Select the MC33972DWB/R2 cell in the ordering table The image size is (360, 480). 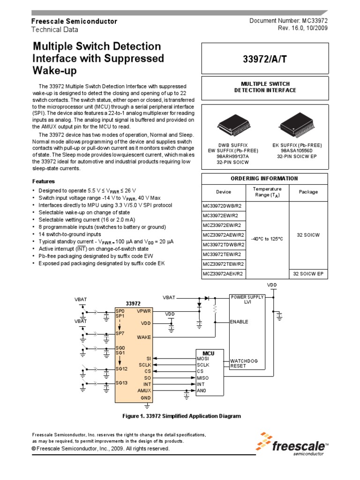point(224,205)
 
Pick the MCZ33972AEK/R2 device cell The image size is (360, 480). point(224,273)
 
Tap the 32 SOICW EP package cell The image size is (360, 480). point(308,273)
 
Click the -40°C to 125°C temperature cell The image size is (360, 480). point(267,239)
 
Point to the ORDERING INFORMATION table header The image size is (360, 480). point(264,178)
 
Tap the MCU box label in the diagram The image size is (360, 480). point(208,352)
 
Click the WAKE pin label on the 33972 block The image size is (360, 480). point(144,337)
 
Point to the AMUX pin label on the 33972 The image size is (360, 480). point(144,390)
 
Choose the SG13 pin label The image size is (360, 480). point(121,382)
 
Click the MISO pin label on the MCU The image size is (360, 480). point(202,377)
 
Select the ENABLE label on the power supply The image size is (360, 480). point(239,322)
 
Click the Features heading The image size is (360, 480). point(43,181)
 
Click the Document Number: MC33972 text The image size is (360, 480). point(288,21)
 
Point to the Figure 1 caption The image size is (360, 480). point(181,416)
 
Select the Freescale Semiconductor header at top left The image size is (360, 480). point(74,22)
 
